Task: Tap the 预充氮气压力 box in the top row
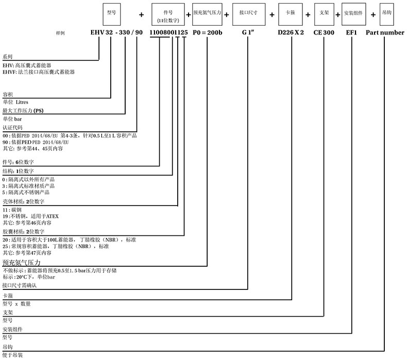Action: [207, 14]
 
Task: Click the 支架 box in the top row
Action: [323, 14]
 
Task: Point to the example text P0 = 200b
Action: [207, 32]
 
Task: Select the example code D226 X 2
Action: [292, 32]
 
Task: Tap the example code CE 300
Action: [325, 32]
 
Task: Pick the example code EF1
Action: [351, 32]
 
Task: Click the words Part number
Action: [385, 32]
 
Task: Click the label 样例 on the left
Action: [60, 33]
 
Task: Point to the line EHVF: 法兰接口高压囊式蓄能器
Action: [39, 73]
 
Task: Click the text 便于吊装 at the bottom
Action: [13, 355]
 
